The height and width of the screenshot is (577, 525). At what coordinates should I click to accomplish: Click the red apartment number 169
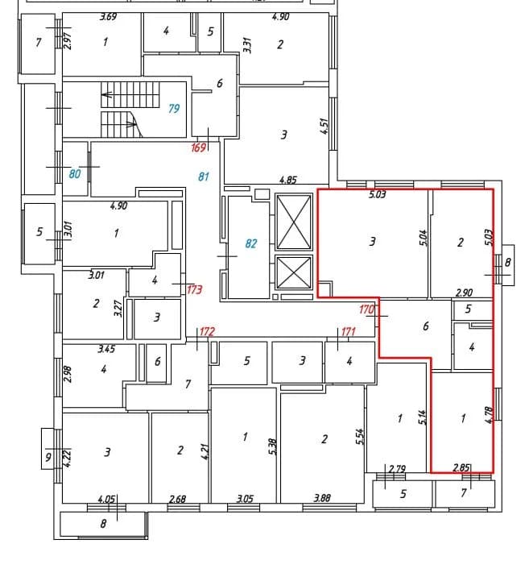tap(199, 148)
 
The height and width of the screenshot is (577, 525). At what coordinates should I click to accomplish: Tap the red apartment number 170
tap(366, 309)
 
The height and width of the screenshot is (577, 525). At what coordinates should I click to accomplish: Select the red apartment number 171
tap(349, 332)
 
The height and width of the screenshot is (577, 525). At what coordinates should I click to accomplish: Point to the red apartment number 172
tap(207, 332)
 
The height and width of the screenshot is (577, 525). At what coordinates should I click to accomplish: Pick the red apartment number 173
tap(195, 290)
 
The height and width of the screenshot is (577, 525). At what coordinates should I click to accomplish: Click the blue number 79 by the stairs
tap(174, 109)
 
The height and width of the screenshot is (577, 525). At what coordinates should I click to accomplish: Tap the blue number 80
tap(75, 173)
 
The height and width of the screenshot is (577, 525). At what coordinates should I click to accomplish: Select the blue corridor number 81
tap(204, 176)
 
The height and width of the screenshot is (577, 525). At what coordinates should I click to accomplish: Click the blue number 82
tap(251, 243)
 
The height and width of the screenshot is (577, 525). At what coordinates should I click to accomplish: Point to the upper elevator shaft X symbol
tap(293, 222)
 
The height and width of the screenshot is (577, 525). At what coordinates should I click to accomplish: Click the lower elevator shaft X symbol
tap(293, 272)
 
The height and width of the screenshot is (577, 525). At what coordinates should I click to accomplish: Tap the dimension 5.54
tap(360, 437)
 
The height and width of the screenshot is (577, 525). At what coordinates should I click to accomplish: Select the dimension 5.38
tap(273, 446)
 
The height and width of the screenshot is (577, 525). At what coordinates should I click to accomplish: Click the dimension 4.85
tap(288, 180)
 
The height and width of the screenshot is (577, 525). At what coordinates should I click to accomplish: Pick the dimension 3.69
tap(109, 17)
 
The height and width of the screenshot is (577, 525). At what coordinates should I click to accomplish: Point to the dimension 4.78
tap(489, 415)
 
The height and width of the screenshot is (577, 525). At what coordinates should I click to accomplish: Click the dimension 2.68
tap(177, 499)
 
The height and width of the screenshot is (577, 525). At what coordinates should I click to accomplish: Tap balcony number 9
tap(48, 458)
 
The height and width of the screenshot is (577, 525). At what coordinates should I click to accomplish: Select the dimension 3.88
tap(322, 498)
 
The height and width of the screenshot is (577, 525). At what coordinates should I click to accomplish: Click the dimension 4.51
tap(324, 126)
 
